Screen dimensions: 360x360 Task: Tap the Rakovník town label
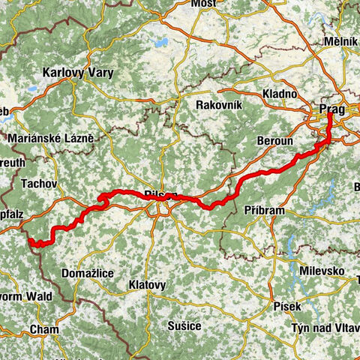coord(218,105)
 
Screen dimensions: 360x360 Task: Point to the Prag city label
coord(331,109)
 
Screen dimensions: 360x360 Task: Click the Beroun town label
coord(271,141)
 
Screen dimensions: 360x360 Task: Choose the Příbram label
coord(264,211)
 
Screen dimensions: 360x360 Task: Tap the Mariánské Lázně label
coord(51,138)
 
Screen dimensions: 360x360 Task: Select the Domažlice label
coord(88,274)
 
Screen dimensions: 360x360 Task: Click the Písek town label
coord(289,306)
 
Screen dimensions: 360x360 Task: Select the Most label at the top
coord(202,4)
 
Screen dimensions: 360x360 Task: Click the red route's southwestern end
coord(31,242)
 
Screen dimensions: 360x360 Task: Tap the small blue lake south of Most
coord(160,43)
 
